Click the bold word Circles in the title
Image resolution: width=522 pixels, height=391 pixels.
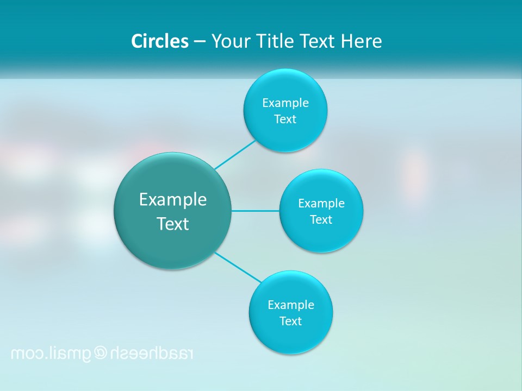160,41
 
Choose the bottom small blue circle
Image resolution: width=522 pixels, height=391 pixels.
291,337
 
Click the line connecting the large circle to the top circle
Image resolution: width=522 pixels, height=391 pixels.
235,155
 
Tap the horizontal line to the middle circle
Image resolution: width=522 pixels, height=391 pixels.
256,211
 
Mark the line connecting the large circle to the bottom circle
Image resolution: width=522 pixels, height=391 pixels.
238,267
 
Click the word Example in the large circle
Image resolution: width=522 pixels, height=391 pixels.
173,200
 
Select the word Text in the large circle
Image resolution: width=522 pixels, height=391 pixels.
173,224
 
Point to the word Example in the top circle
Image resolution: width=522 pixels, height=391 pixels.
285,103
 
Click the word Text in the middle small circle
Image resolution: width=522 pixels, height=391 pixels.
321,220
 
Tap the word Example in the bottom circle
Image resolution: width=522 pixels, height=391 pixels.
291,305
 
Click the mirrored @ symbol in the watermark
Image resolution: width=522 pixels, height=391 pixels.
101,354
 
